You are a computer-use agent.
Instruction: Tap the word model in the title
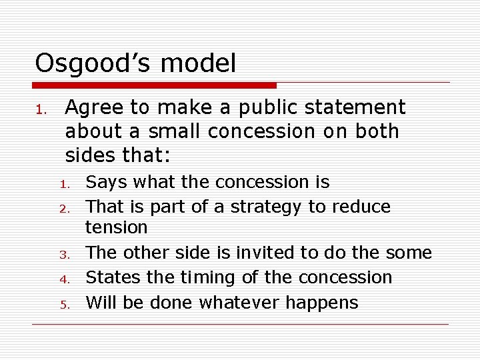198,64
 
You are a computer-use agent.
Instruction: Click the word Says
107,182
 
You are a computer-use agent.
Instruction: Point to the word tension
117,227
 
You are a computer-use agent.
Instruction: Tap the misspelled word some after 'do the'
409,253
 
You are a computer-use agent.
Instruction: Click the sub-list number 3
65,254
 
